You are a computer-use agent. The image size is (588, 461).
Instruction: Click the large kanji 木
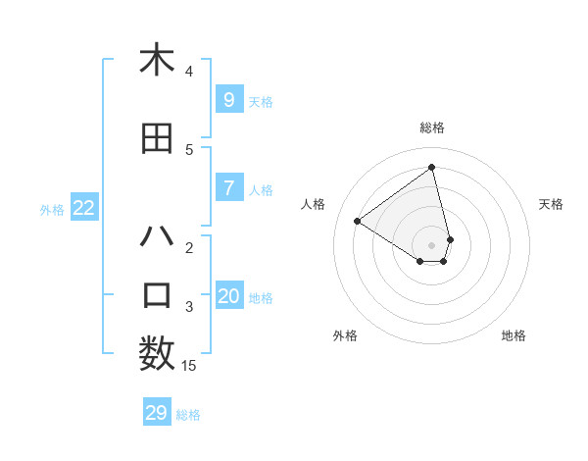157,60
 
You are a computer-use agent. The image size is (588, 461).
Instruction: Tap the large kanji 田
157,138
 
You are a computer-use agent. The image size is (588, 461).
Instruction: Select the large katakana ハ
157,236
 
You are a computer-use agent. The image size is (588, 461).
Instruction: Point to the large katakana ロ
157,295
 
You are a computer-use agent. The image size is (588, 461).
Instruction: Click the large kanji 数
157,354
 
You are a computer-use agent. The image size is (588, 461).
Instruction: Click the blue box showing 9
228,99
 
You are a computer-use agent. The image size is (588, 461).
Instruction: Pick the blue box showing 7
228,188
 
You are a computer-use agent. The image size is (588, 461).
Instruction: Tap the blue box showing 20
228,296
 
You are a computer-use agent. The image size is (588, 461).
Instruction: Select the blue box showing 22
84,208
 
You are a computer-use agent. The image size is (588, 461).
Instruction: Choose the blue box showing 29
157,413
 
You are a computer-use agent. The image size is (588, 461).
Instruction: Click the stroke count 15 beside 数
189,366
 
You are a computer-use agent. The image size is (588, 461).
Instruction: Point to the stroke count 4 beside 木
189,72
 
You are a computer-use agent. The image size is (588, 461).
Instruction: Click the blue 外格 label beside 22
52,209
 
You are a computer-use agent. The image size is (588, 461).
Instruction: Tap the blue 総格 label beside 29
188,415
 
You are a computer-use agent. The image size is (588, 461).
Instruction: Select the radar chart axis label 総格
431,128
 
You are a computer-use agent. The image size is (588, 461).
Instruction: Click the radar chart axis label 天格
551,204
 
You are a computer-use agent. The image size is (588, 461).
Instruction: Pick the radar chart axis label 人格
314,204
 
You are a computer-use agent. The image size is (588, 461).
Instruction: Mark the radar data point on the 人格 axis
358,221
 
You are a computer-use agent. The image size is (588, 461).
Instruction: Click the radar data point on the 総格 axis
431,168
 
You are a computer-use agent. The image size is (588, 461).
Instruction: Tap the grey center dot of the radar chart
431,244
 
